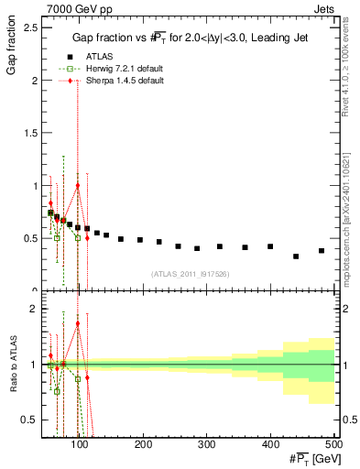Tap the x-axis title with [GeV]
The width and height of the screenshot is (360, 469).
point(308,458)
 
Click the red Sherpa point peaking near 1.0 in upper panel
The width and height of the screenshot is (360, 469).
point(78,186)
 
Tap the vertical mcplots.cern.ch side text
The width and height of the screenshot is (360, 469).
point(351,211)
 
